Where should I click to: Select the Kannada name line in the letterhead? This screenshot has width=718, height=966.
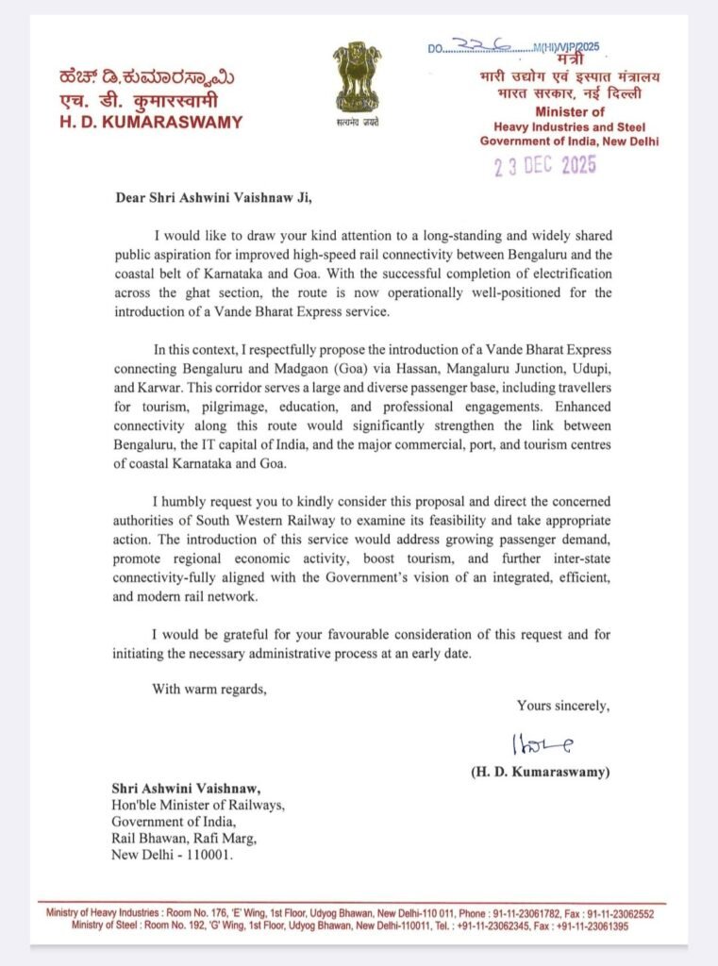147,76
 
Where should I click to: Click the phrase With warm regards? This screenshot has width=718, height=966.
209,689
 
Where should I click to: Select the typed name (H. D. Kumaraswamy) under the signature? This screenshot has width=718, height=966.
541,772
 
